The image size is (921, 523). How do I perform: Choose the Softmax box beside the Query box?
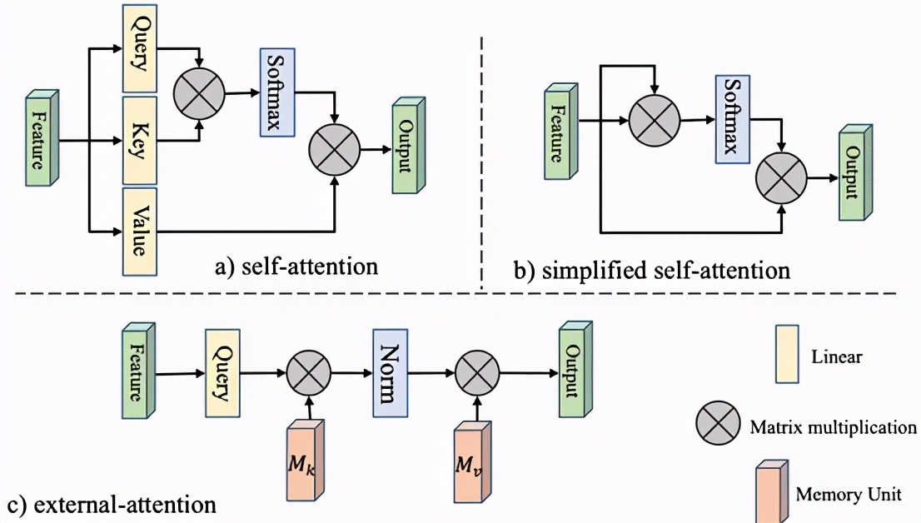coord(274,94)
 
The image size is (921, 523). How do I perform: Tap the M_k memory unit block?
coord(302,461)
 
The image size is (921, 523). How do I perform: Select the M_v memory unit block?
coord(470,461)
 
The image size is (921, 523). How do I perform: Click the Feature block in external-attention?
coord(138,371)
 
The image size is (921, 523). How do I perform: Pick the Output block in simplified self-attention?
coord(854,172)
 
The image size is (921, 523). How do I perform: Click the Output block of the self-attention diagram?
coord(407,147)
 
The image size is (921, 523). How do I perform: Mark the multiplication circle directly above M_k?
coord(309,374)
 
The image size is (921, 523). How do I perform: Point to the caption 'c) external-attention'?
coord(112,504)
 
